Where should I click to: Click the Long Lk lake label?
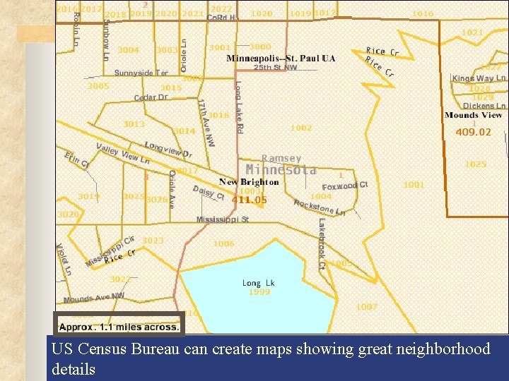tap(258, 283)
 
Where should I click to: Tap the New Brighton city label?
tap(249, 182)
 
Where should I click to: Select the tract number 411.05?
tap(250, 200)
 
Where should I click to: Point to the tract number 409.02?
tap(473, 132)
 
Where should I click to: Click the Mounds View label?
tap(473, 115)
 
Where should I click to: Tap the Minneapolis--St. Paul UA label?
tap(281, 58)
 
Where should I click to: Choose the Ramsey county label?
tap(281, 158)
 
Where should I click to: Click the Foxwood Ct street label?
tap(345, 186)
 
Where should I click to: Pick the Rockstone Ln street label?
tap(320, 207)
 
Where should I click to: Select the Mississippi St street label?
tap(223, 219)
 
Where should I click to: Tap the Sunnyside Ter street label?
tap(141, 73)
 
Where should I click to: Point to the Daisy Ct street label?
tap(209, 192)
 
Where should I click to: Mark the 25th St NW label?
tap(276, 68)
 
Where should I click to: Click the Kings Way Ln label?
tap(479, 78)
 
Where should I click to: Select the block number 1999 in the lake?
tap(259, 292)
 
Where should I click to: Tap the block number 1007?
tap(367, 307)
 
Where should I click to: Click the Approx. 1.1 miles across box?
tap(119, 327)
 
